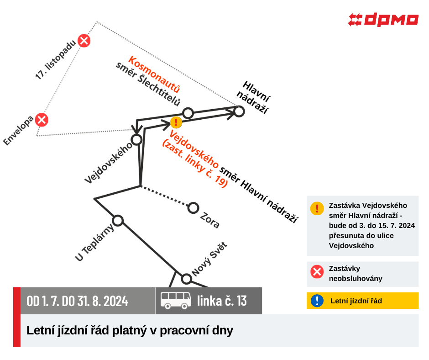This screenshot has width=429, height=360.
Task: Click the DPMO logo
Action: click(383, 20)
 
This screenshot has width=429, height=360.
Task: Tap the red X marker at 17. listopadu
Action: click(84, 41)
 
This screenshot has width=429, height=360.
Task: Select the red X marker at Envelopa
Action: click(42, 120)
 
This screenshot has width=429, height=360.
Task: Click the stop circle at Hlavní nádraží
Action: click(239, 111)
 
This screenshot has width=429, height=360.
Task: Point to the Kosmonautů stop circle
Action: click(188, 113)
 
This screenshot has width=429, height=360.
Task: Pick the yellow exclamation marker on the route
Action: click(176, 122)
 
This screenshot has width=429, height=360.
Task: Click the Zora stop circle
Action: click(193, 208)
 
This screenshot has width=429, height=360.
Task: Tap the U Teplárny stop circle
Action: click(118, 221)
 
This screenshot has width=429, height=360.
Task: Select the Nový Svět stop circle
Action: click(186, 279)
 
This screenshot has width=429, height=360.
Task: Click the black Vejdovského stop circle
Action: click(136, 139)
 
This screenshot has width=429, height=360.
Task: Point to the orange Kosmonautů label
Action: click(155, 74)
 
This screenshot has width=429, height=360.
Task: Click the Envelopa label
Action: click(18, 130)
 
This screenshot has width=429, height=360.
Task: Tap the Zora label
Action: click(210, 220)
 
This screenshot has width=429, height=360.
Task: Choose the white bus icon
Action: click(176, 301)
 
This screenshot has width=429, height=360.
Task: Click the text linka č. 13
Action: click(222, 301)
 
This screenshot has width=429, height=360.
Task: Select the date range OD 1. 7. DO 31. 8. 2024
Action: click(78, 301)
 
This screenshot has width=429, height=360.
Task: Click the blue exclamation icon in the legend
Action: click(317, 301)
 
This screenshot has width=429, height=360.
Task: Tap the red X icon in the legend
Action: click(317, 272)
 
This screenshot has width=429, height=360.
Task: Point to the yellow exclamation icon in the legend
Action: click(317, 208)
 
